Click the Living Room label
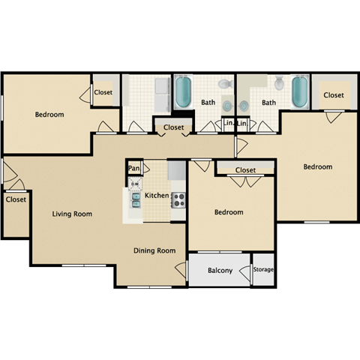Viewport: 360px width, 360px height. (x=72, y=214)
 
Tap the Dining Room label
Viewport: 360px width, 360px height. (x=154, y=250)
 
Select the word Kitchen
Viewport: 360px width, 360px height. (x=157, y=196)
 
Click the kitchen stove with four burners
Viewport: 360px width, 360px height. (x=178, y=199)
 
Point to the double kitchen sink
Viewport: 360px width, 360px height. (x=136, y=199)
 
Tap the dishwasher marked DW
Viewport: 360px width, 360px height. (x=135, y=183)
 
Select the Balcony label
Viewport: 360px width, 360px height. (x=219, y=271)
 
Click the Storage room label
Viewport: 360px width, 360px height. (x=262, y=269)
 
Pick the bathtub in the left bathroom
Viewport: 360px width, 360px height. (x=183, y=92)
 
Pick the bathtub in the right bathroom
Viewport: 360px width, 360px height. (x=299, y=92)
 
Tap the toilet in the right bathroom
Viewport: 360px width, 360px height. (x=278, y=83)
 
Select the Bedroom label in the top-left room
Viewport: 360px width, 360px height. (x=49, y=115)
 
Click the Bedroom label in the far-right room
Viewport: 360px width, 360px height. (x=317, y=166)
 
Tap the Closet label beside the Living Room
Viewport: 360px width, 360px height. (x=15, y=199)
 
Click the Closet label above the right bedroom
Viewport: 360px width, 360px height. (x=334, y=95)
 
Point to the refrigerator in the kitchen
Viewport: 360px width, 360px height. (x=177, y=172)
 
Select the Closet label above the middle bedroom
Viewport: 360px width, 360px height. (x=245, y=170)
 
